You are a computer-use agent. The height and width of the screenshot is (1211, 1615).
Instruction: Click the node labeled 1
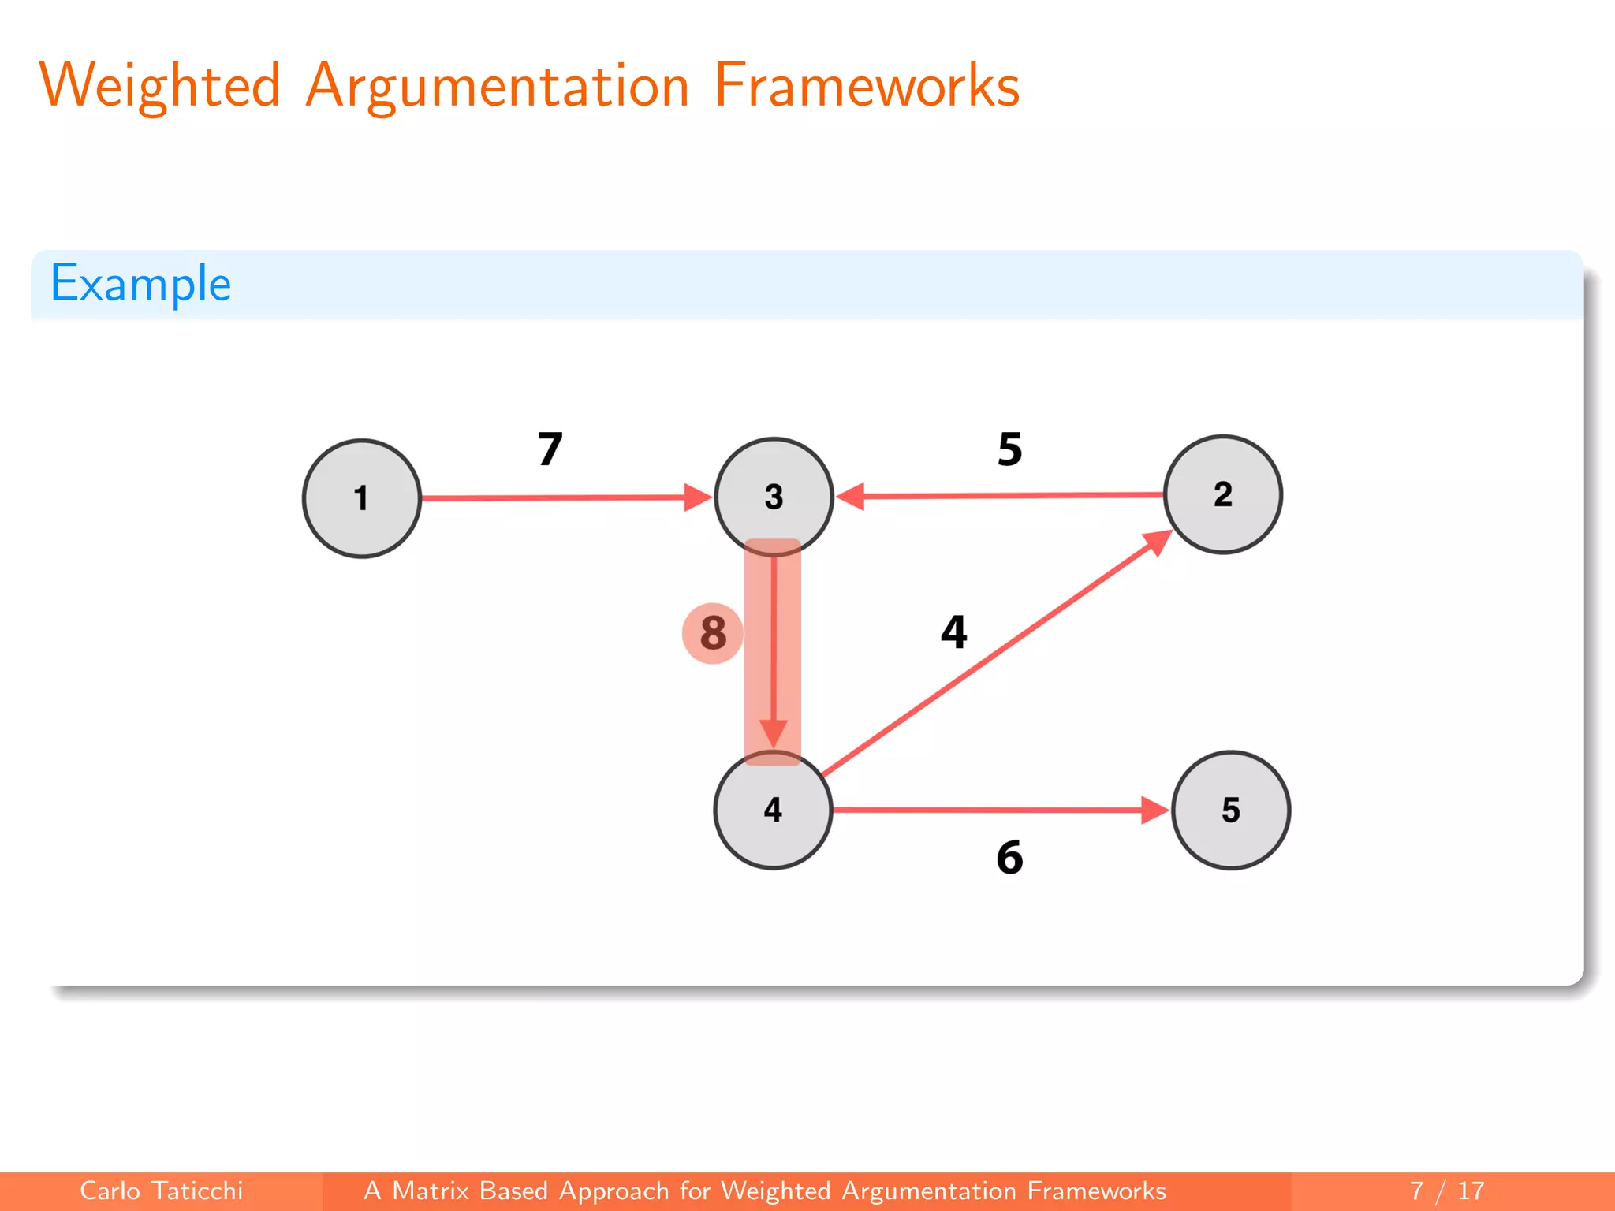point(362,498)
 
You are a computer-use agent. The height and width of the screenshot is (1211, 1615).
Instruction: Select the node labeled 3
point(774,497)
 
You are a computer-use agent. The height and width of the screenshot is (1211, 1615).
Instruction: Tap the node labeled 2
point(1223,494)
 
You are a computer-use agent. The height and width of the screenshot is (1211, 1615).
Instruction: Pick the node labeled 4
point(773,810)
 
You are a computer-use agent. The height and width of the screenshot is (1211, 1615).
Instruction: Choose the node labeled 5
point(1231,810)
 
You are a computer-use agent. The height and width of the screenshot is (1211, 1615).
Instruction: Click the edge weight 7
point(550,449)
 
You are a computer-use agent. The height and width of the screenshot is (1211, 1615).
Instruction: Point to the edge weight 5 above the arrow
point(1010,449)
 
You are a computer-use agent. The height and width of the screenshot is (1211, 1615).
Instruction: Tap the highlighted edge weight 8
point(713,633)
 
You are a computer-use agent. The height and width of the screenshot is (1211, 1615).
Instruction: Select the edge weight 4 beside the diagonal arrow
point(954,632)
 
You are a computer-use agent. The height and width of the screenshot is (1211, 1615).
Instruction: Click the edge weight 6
point(1010,857)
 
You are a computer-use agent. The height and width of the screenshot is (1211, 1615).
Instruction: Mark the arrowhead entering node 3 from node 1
point(697,497)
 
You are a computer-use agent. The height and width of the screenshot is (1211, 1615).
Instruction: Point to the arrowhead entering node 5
point(1154,810)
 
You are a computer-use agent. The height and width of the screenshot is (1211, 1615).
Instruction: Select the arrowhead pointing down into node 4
point(774,732)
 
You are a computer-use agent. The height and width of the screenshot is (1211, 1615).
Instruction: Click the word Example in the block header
point(141,284)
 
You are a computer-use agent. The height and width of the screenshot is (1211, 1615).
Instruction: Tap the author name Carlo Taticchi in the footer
point(162,1191)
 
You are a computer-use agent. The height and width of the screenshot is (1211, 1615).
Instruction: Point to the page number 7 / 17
point(1447,1191)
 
